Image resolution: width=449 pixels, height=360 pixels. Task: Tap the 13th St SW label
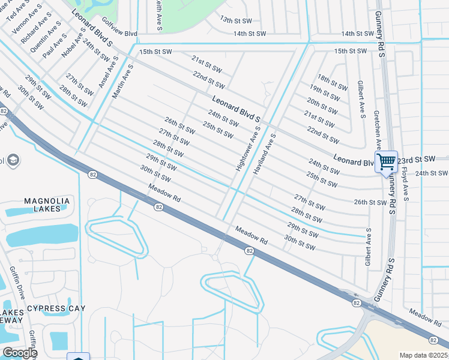click(234, 20)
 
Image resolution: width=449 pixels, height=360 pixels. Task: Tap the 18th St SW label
click(333, 83)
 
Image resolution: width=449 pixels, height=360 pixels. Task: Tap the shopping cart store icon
click(386, 160)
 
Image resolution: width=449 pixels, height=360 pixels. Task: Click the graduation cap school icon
click(13, 160)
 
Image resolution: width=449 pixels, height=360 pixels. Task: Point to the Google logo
click(19, 353)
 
